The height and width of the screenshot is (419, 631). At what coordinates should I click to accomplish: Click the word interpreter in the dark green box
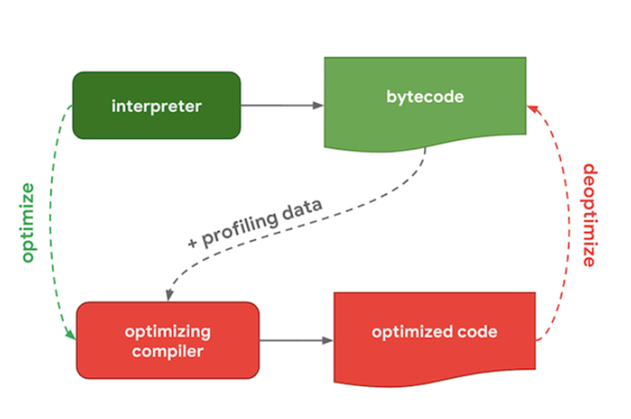pyautogui.click(x=156, y=106)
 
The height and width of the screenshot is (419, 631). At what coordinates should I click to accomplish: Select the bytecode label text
pyautogui.click(x=425, y=97)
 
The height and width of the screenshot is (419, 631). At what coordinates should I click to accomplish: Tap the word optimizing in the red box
pyautogui.click(x=167, y=333)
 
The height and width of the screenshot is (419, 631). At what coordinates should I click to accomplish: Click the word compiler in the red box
pyautogui.click(x=167, y=351)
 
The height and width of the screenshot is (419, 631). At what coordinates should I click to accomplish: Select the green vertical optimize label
pyautogui.click(x=28, y=222)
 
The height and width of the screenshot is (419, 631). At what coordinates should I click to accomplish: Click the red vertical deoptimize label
pyautogui.click(x=590, y=215)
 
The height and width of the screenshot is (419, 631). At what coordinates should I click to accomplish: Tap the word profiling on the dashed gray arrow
pyautogui.click(x=240, y=228)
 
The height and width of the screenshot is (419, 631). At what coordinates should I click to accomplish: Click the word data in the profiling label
pyautogui.click(x=302, y=208)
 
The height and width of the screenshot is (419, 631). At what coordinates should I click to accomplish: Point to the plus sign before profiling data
pyautogui.click(x=193, y=243)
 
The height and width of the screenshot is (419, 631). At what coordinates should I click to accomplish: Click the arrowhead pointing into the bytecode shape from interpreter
pyautogui.click(x=318, y=105)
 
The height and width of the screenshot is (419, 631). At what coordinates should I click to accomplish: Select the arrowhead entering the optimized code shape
pyautogui.click(x=328, y=340)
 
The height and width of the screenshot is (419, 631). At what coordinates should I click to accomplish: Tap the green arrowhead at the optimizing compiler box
pyautogui.click(x=71, y=334)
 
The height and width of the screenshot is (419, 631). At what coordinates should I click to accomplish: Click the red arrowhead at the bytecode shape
pyautogui.click(x=533, y=108)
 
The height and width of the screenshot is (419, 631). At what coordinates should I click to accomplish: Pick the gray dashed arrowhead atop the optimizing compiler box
pyautogui.click(x=170, y=295)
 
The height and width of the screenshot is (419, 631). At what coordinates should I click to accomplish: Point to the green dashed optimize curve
pyautogui.click(x=51, y=217)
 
